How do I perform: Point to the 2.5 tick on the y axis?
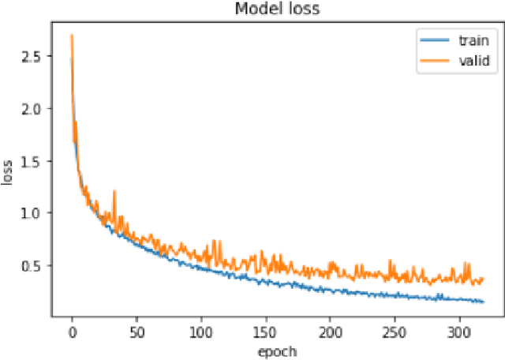click(x=32, y=56)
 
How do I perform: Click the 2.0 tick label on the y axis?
click(x=32, y=108)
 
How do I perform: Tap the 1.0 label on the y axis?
click(x=32, y=212)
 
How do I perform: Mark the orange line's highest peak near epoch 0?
click(x=72, y=36)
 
